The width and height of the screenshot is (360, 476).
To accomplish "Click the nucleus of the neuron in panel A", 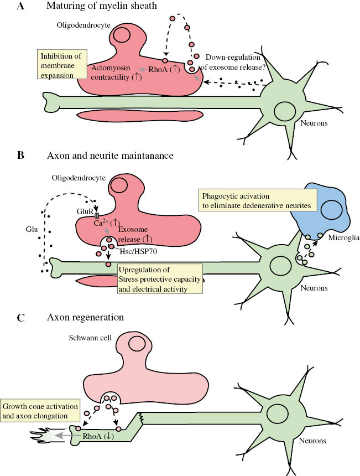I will [x=286, y=109].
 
